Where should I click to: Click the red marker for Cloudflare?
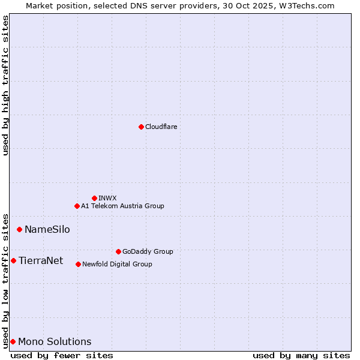pyautogui.click(x=141, y=127)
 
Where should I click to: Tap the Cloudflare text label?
pyautogui.click(x=161, y=127)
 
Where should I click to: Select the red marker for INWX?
pyautogui.click(x=94, y=198)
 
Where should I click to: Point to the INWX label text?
pyautogui.click(x=107, y=198)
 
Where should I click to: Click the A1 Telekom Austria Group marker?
pyautogui.click(x=77, y=206)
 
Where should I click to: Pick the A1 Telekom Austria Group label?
pyautogui.click(x=122, y=206)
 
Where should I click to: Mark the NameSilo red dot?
pyautogui.click(x=19, y=229)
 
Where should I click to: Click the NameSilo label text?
pyautogui.click(x=47, y=229)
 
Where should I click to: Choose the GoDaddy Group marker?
pyautogui.click(x=118, y=251)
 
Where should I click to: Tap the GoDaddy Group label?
pyautogui.click(x=148, y=251)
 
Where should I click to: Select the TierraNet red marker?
pyautogui.click(x=13, y=260)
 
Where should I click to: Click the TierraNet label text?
pyautogui.click(x=41, y=260)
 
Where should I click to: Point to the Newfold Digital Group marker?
pyautogui.click(x=78, y=264)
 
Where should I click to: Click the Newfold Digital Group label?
pyautogui.click(x=117, y=264)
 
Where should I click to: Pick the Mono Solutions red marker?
pyautogui.click(x=13, y=341)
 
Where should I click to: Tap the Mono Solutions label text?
pyautogui.click(x=55, y=341)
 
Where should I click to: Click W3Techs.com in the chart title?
pyautogui.click(x=310, y=5)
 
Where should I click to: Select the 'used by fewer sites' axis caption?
pyautogui.click(x=62, y=355)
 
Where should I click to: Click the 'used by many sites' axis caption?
pyautogui.click(x=301, y=355)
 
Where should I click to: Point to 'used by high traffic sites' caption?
pyautogui.click(x=5, y=85)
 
